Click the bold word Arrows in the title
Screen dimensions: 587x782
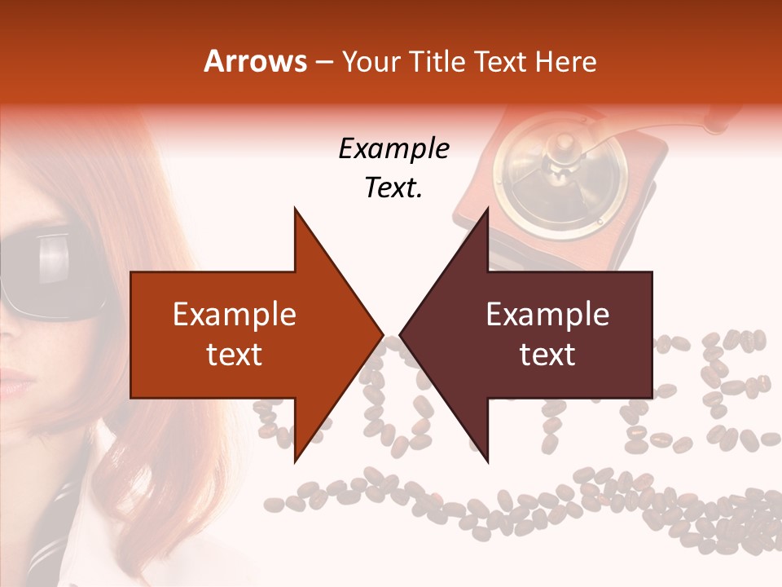point(255,62)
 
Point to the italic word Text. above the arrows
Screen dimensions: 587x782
point(393,188)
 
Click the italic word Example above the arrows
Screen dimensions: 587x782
point(393,149)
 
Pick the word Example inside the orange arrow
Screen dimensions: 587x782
point(235,315)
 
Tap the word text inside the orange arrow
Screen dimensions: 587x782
point(235,354)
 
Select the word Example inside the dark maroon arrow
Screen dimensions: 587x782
point(547,315)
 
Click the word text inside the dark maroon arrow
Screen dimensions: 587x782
point(547,354)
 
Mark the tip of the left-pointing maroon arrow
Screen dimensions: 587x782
point(401,334)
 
